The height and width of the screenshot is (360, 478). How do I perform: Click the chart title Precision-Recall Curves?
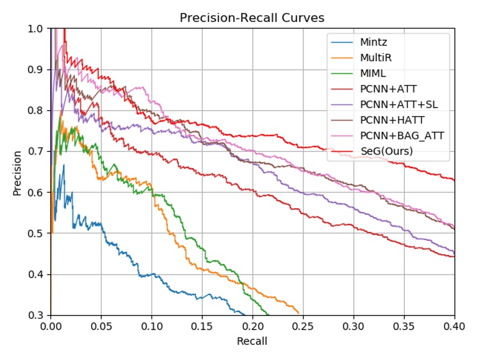click(x=252, y=18)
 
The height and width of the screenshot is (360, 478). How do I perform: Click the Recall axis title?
click(x=252, y=341)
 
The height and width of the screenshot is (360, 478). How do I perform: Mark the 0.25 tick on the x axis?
click(x=303, y=325)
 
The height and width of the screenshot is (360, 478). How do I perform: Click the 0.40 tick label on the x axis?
click(x=454, y=325)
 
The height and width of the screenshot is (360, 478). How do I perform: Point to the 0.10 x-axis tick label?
click(x=151, y=325)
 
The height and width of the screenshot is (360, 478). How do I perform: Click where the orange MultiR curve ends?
click(x=298, y=314)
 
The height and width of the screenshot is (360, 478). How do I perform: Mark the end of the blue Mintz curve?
click(x=246, y=314)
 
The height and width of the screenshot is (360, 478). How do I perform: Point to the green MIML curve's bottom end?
click(x=269, y=314)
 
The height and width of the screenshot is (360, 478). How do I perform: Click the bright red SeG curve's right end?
click(x=454, y=180)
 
